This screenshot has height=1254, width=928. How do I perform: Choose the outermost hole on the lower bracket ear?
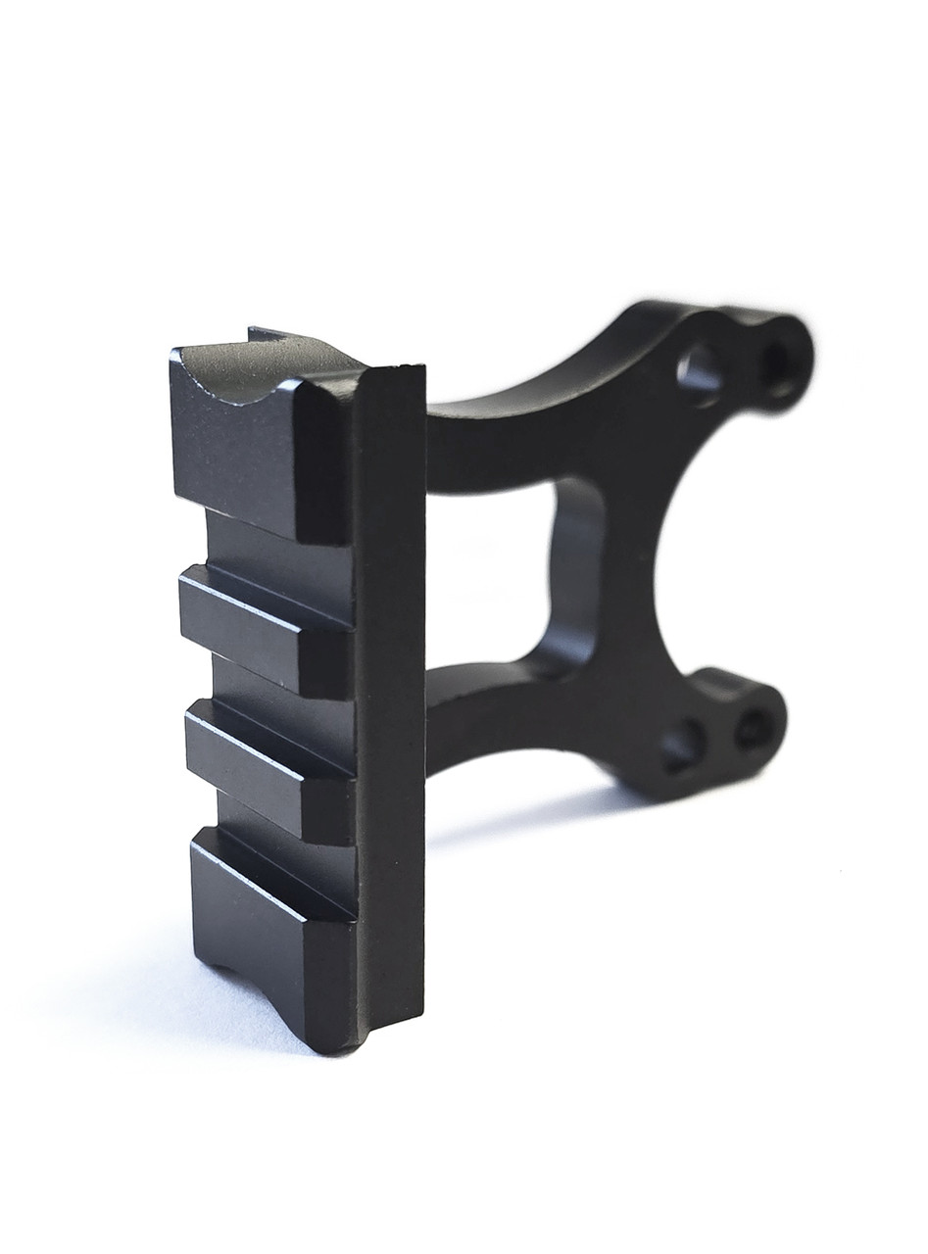pyautogui.click(x=753, y=729)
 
